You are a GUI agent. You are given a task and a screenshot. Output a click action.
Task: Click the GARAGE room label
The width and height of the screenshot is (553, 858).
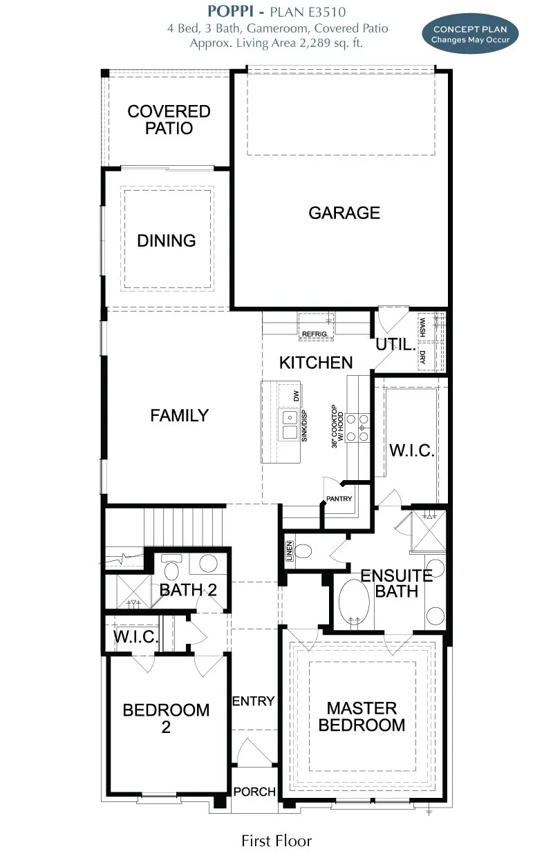click(x=344, y=213)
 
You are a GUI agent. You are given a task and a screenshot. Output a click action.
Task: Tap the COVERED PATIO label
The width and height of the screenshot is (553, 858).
click(x=169, y=120)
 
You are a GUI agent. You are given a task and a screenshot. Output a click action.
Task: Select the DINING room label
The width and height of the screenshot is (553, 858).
click(x=167, y=240)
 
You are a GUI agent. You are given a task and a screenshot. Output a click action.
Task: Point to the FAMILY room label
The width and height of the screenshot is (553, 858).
click(x=179, y=415)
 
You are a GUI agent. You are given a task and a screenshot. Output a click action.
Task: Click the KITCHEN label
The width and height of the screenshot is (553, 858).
click(x=316, y=363)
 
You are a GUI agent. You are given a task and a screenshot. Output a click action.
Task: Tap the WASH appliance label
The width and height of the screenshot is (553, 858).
click(x=422, y=325)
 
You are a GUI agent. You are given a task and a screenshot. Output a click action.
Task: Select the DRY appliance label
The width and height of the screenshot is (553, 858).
click(x=422, y=357)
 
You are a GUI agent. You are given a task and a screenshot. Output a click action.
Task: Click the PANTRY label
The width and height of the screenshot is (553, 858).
click(x=339, y=499)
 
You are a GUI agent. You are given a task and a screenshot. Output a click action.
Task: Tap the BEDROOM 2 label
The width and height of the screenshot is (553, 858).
click(x=166, y=718)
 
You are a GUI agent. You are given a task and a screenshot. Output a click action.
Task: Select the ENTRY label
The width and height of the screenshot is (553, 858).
click(x=253, y=701)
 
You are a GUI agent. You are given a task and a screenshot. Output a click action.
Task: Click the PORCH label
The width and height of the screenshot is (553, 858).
click(x=254, y=792)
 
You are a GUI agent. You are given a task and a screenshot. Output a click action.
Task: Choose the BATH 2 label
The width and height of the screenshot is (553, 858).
click(x=188, y=590)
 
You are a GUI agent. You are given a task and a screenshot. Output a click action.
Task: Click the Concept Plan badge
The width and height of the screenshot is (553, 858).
click(x=470, y=34)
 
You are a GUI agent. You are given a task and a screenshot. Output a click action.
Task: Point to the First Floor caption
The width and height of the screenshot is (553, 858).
click(x=276, y=841)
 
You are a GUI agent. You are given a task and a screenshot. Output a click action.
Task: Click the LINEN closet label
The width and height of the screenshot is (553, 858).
click(x=289, y=551)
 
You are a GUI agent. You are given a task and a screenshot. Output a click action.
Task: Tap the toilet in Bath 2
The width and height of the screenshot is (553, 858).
click(x=171, y=569)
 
